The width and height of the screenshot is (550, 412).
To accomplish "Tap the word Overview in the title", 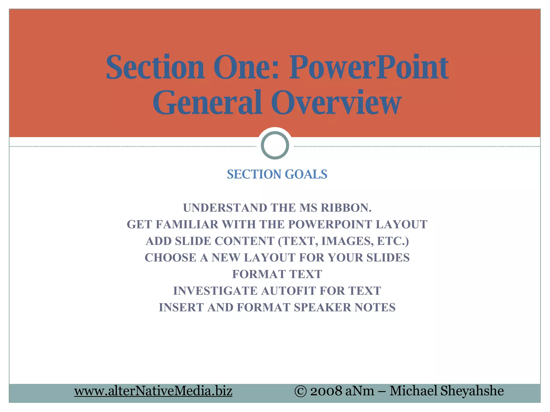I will click(x=336, y=102).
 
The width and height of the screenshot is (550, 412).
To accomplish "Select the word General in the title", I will click(x=207, y=102).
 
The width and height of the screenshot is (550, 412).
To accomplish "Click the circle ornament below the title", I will click(x=275, y=145).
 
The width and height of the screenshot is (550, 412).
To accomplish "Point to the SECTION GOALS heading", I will click(x=277, y=174).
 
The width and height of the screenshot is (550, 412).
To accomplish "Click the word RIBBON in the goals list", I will click(x=346, y=208).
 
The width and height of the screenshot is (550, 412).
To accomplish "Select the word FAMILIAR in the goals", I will click(x=187, y=225).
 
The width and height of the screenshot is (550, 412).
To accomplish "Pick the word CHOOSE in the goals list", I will click(x=171, y=258).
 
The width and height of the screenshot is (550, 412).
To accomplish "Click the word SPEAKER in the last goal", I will click(x=322, y=308).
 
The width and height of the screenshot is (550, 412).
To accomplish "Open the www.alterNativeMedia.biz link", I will click(x=153, y=391).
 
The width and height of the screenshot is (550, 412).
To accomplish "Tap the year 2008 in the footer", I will click(x=326, y=391).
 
